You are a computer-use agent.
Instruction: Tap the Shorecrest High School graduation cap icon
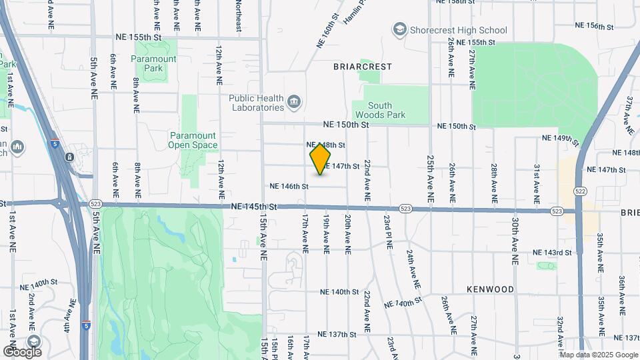[399, 29]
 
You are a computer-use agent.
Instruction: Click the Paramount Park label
[153, 63]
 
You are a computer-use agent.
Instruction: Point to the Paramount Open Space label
[193, 140]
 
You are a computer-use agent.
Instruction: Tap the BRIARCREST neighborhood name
[363, 67]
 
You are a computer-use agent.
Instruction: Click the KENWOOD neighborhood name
[491, 289]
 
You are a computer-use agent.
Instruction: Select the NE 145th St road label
[254, 207]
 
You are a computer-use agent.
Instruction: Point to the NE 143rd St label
[552, 253]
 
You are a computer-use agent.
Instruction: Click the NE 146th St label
[289, 187]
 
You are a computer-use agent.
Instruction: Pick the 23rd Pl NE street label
[387, 231]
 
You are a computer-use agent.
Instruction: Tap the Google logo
[22, 351]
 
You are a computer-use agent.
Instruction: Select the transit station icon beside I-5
[69, 157]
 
